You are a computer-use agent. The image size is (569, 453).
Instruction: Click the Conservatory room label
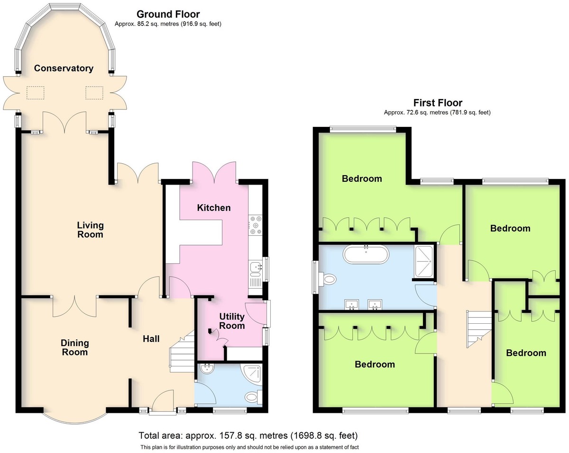tap(64, 68)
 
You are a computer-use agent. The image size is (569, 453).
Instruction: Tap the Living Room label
tap(90, 230)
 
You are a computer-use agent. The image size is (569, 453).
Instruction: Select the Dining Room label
tap(75, 347)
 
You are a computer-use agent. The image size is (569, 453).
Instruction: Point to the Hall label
tap(151, 339)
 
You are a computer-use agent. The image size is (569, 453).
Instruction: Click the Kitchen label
tap(214, 208)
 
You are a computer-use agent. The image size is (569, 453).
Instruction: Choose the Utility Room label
tap(232, 321)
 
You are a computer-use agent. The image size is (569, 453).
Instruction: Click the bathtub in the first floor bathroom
tap(366, 254)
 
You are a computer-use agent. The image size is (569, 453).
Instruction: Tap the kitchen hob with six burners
tap(256, 225)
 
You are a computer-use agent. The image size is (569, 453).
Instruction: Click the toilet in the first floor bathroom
tap(327, 279)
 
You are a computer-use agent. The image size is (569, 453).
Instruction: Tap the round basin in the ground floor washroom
tap(207, 369)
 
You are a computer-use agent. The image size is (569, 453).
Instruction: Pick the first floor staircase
tap(478, 329)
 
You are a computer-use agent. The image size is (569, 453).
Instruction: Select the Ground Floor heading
tap(168, 14)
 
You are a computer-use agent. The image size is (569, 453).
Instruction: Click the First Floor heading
tap(438, 102)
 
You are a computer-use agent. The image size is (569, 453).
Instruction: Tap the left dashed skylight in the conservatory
tap(35, 93)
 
